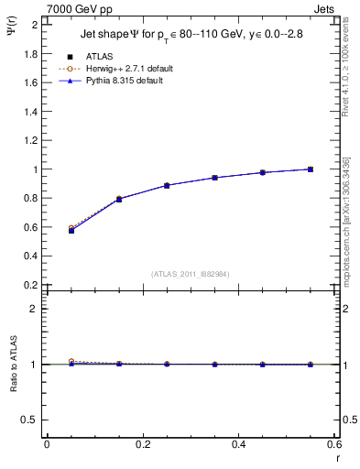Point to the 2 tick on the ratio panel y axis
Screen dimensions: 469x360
tap(36, 309)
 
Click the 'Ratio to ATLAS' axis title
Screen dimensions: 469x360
tap(13, 364)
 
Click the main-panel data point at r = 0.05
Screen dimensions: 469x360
tap(71, 230)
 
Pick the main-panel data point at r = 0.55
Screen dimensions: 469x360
tap(311, 169)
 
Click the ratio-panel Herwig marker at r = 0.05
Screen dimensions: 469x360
tap(71, 361)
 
